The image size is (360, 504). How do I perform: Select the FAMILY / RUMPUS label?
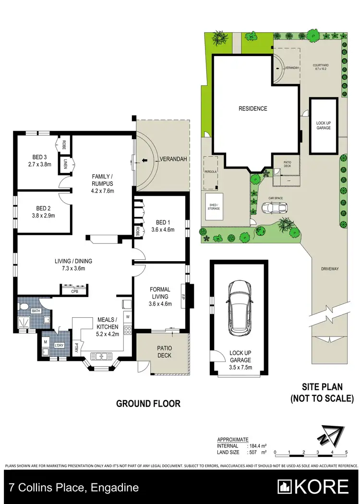click(102, 180)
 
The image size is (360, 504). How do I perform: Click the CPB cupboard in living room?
click(74, 291)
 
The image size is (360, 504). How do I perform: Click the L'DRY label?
click(60, 345)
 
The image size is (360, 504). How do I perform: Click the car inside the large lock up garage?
click(240, 307)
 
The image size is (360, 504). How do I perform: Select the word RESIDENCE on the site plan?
click(253, 108)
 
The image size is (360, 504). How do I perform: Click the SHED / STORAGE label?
click(213, 206)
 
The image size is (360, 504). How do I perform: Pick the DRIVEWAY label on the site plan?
click(330, 269)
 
